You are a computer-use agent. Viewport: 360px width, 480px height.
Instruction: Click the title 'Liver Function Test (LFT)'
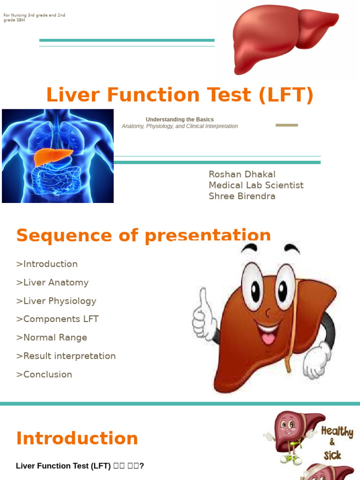tap(180, 95)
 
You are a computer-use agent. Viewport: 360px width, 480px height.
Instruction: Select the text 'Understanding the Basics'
tap(180, 120)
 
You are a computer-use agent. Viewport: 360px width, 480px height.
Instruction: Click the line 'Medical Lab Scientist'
tap(256, 185)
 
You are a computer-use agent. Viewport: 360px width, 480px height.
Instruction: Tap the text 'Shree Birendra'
tap(242, 196)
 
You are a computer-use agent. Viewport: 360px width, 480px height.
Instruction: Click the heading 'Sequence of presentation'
tap(143, 235)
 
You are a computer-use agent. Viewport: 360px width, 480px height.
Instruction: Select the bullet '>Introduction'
tap(47, 264)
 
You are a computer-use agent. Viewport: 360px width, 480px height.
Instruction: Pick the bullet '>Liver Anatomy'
tap(52, 282)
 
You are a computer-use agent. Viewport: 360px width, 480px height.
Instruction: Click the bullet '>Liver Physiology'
tap(56, 301)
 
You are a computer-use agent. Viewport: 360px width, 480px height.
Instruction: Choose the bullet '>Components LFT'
tap(57, 319)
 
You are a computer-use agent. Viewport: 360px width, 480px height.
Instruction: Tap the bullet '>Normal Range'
tap(52, 337)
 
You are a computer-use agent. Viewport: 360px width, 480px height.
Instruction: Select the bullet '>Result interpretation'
tap(66, 356)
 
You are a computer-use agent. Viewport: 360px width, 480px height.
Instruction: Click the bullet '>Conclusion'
tap(44, 375)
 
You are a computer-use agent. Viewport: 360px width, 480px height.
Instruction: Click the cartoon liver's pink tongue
tap(269, 337)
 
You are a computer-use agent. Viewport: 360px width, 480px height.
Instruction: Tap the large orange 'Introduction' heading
tap(77, 438)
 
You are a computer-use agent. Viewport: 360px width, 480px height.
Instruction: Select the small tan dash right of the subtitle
tap(286, 125)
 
